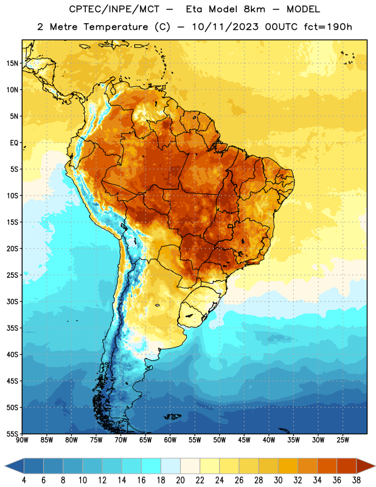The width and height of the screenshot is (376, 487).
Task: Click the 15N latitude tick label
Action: (12, 63)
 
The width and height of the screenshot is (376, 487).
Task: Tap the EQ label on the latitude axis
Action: (14, 143)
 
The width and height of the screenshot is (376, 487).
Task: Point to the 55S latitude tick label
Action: (12, 433)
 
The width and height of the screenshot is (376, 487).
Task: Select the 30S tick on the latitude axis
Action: (12, 301)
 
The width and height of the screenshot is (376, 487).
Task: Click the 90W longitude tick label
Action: (22, 440)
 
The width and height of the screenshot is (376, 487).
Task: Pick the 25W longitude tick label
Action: (343, 440)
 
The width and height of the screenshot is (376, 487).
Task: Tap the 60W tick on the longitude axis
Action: (170, 440)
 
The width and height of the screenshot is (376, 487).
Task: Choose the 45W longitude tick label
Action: (244, 440)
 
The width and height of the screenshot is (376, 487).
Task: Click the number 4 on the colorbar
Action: (24, 480)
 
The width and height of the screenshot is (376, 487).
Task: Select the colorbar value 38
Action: (356, 480)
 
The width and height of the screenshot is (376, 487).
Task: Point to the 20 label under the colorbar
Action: (180, 480)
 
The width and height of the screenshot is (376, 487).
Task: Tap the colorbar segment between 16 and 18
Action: (151, 466)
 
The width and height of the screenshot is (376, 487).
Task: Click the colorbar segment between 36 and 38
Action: (347, 466)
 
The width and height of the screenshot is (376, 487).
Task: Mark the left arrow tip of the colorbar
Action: (5, 466)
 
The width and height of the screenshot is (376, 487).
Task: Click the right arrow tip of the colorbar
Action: (375, 466)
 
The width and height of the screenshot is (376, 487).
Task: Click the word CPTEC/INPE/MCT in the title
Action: (114, 9)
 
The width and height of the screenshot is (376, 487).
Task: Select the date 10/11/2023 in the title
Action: (225, 27)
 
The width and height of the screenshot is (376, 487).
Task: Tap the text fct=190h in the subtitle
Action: (328, 27)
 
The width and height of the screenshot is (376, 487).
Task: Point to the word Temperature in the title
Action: (116, 27)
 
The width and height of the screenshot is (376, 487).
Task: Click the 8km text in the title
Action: (254, 9)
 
